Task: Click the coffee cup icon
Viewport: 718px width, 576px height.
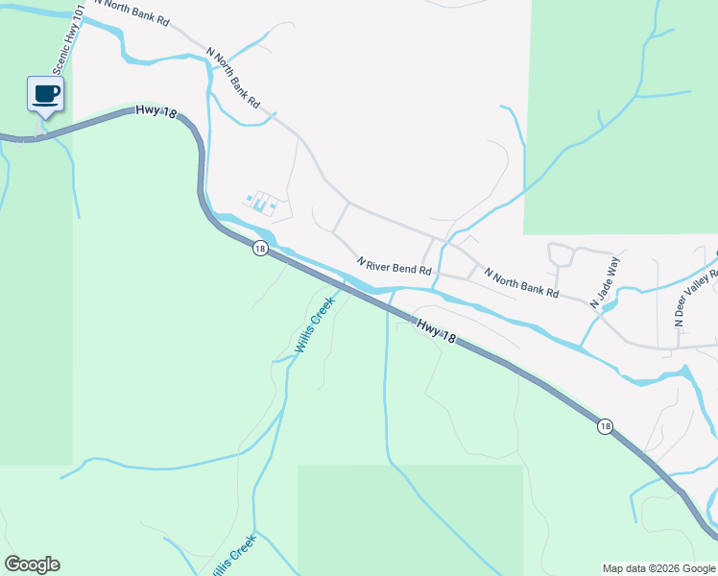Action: (x=45, y=94)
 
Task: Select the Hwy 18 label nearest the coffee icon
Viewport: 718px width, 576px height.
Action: (x=157, y=112)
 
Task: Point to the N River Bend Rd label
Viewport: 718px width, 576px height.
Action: (x=394, y=266)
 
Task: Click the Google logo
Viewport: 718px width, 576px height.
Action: (x=32, y=564)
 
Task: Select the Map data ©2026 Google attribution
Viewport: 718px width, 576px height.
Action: (x=658, y=568)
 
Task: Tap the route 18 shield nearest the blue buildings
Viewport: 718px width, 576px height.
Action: (x=260, y=249)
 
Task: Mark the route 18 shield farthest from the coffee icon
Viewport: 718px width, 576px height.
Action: (x=604, y=426)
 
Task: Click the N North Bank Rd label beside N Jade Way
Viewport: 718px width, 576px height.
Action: (x=521, y=282)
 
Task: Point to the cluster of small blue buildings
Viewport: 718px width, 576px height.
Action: (x=261, y=203)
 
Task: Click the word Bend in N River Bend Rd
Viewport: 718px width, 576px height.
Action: (x=401, y=268)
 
